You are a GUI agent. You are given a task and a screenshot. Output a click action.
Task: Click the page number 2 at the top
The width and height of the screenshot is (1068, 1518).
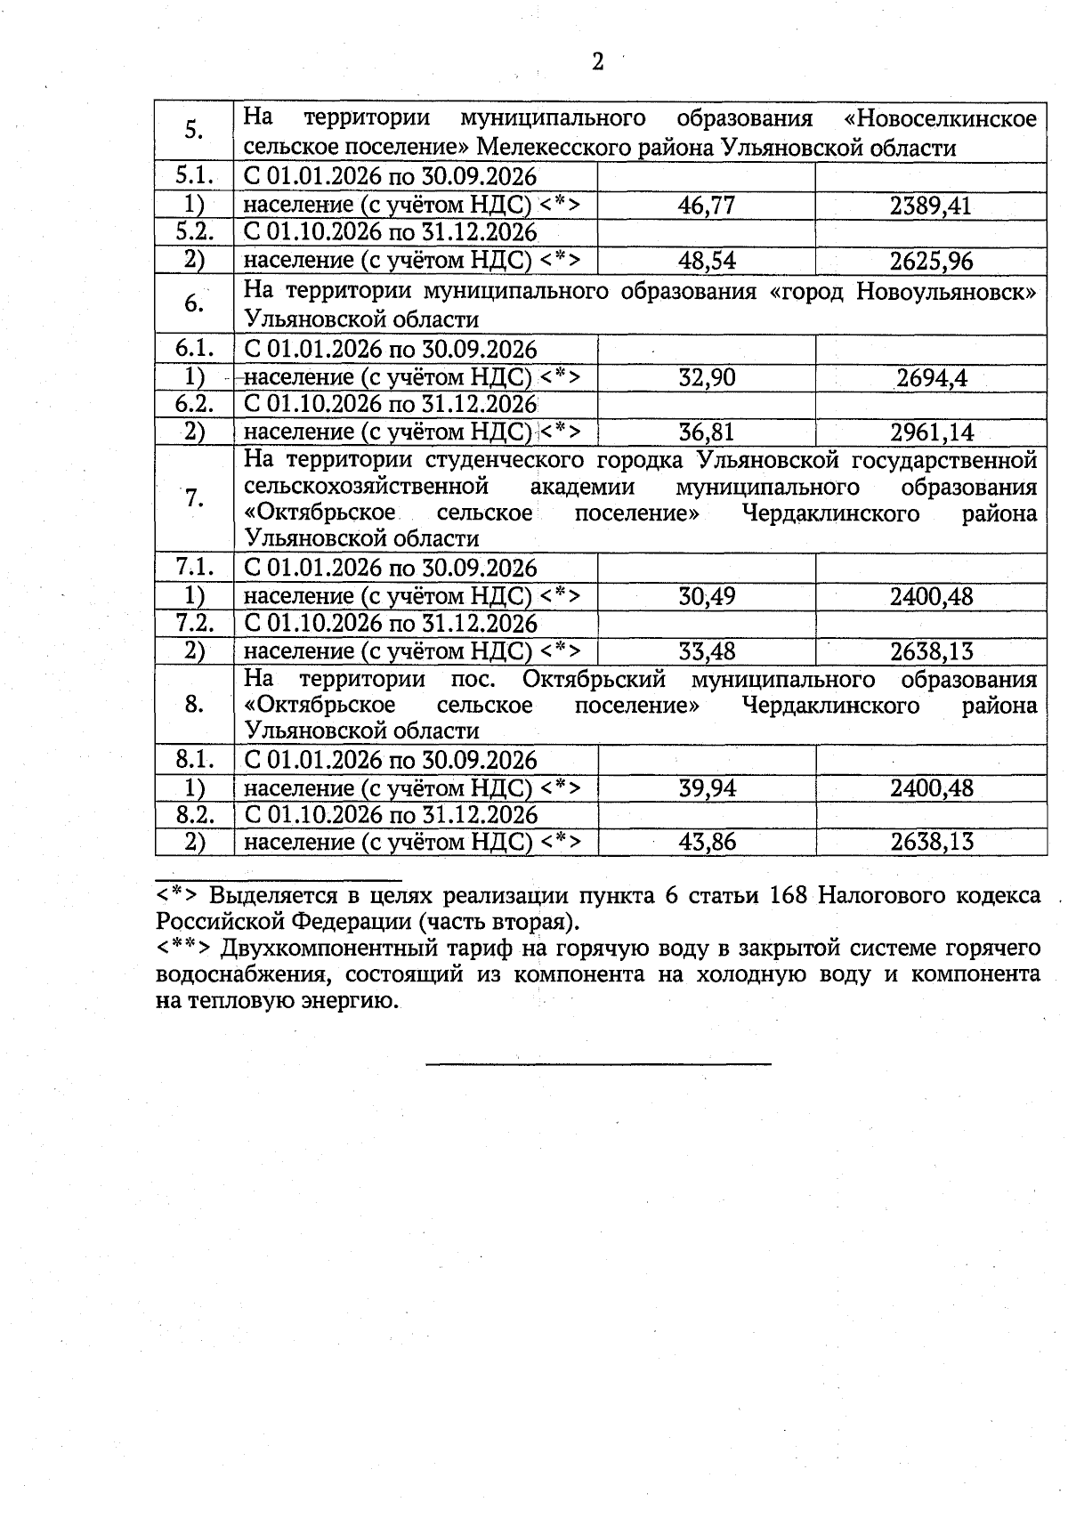coord(597,61)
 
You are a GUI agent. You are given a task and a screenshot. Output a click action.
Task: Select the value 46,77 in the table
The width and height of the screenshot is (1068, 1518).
coord(707,206)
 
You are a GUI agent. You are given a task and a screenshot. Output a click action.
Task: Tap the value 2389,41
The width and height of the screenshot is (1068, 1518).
coord(931,206)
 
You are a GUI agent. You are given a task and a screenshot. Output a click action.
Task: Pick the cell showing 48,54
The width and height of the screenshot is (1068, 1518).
coord(707,261)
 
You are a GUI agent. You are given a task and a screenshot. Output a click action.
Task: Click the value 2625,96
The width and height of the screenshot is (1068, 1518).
coord(931,261)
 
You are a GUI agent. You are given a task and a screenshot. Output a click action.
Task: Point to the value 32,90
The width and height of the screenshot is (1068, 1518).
coord(707,377)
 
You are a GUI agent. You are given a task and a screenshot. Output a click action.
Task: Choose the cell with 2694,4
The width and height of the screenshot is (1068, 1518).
coord(931,377)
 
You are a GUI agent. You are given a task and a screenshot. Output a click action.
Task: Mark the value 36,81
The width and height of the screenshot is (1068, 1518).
coord(707,432)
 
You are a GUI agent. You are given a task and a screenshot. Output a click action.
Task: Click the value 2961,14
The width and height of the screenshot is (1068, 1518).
coord(931,432)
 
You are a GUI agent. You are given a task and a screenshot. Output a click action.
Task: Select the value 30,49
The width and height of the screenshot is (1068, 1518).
coord(707,596)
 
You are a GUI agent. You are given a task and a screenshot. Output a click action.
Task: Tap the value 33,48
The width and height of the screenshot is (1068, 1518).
coord(707,651)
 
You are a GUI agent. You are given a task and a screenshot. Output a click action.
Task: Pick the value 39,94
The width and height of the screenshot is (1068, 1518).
coord(707,788)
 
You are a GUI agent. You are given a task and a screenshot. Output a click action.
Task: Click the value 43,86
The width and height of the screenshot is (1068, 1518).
coord(707,842)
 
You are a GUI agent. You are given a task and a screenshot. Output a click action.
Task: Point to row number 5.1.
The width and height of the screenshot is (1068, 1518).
coord(194,176)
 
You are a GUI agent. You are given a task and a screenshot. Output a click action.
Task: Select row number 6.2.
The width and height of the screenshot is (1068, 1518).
coord(194,404)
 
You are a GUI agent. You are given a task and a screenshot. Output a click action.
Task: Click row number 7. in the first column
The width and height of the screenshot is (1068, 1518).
coord(194,499)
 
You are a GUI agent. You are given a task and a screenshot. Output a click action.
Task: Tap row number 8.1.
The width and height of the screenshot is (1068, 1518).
coord(194,760)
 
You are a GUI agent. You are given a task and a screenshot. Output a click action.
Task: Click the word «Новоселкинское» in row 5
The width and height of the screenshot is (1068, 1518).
coord(940,118)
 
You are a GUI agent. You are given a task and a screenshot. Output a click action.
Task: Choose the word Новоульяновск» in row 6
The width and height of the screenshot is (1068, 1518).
coord(947,291)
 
